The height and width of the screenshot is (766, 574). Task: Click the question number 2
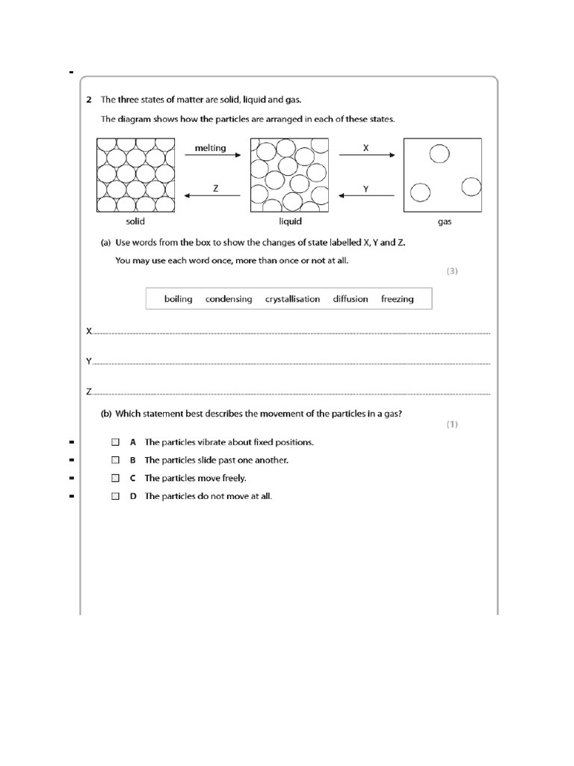[88, 99]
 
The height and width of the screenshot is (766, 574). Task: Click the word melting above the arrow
[210, 148]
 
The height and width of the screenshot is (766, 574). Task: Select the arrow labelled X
[365, 156]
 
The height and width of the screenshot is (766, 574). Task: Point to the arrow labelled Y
[365, 197]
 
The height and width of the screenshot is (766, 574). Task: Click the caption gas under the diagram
[445, 222]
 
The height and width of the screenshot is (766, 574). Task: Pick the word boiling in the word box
[178, 299]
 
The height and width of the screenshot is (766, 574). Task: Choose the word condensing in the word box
[229, 299]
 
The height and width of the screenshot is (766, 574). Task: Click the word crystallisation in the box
[292, 299]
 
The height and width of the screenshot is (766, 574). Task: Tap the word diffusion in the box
[351, 299]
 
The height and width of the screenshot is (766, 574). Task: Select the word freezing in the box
[397, 299]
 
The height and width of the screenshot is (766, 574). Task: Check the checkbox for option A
[116, 442]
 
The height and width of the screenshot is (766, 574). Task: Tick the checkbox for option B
[116, 460]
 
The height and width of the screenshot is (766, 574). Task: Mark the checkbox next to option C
[116, 478]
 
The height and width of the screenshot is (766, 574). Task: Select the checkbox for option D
[116, 496]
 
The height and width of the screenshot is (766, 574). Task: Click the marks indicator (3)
[452, 272]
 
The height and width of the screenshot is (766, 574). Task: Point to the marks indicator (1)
[452, 424]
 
